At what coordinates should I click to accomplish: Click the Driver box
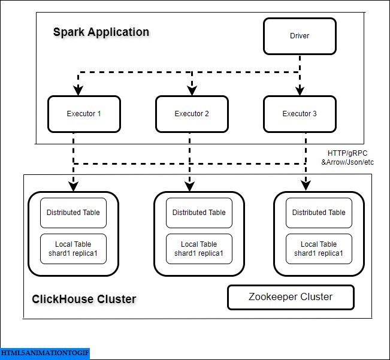[300, 36]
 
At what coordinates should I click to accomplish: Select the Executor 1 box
[84, 114]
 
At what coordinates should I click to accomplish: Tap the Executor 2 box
[192, 114]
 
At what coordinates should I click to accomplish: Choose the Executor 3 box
[300, 114]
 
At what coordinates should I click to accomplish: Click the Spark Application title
[101, 32]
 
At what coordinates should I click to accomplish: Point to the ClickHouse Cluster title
[84, 299]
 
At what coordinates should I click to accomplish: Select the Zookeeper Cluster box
[291, 297]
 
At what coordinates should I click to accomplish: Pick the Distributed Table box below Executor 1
[73, 213]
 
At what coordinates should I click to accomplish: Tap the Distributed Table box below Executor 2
[199, 213]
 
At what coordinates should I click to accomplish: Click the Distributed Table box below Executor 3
[319, 213]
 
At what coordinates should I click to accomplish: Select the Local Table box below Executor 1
[73, 249]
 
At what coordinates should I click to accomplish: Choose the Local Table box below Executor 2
[199, 249]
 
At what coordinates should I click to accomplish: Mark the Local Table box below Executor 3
[319, 249]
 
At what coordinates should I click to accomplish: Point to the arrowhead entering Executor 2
[192, 90]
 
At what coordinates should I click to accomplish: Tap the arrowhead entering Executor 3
[300, 90]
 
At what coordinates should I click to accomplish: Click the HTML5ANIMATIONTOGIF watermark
[45, 353]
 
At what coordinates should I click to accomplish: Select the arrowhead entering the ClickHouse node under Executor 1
[73, 186]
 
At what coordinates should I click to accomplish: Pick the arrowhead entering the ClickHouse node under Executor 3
[307, 186]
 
